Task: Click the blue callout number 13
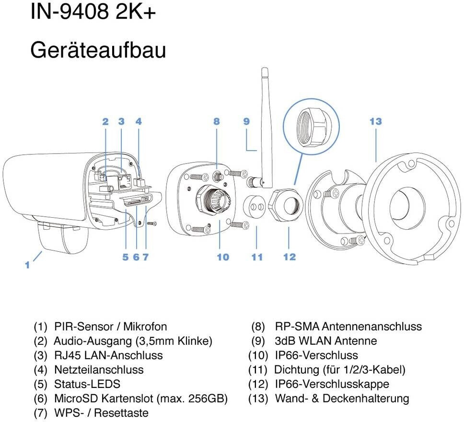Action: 375,121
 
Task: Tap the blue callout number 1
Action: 27,265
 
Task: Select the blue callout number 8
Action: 216,121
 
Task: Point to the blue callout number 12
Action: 290,257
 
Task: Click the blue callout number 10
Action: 223,257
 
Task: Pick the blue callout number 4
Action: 139,121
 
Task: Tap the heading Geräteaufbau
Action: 98,50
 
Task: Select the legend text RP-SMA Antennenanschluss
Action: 348,327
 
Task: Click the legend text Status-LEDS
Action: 87,384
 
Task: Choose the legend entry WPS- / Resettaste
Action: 101,412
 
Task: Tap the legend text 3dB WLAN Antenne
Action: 326,340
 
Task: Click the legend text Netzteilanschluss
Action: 99,370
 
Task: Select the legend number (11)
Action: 258,370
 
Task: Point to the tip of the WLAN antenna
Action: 265,69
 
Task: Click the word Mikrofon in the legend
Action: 145,327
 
